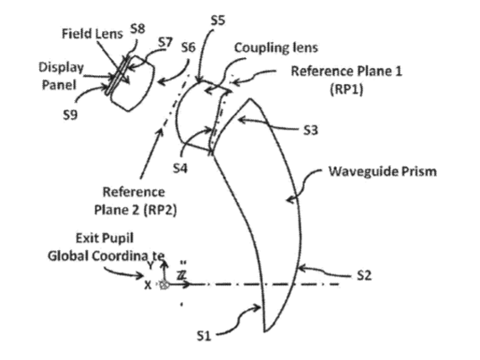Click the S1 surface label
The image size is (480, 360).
204,336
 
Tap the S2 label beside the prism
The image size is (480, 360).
365,275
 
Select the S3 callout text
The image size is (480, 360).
310,130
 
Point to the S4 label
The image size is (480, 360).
181,168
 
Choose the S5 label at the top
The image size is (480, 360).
218,21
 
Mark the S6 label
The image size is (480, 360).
188,47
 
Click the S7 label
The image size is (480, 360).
165,42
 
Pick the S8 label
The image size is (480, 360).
138,29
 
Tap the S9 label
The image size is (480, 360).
70,114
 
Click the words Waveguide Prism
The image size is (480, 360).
383,172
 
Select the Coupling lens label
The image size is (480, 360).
276,47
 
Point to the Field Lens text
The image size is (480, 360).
92,33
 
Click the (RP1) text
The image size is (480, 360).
347,89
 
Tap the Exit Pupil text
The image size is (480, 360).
105,238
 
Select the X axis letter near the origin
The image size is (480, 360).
147,285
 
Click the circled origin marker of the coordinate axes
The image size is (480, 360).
164,285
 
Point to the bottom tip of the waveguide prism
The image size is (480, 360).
265,331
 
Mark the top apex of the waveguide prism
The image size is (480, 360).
250,98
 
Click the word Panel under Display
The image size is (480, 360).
59,85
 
